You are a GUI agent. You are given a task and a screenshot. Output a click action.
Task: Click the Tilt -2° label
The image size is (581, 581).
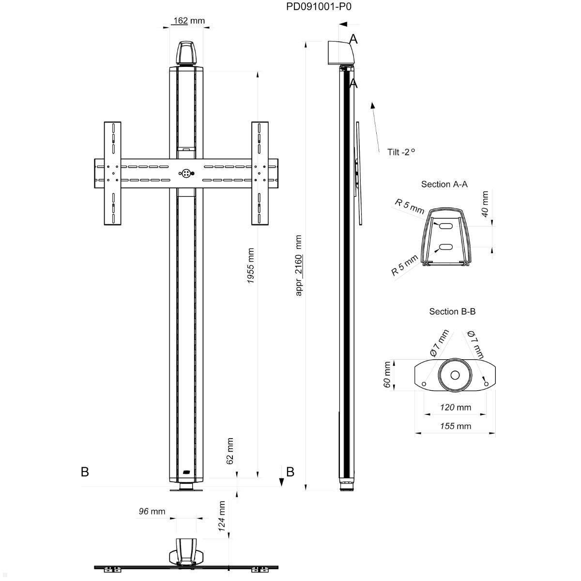pyautogui.click(x=401, y=152)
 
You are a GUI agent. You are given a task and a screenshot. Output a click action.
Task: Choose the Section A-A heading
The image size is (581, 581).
pyautogui.click(x=444, y=184)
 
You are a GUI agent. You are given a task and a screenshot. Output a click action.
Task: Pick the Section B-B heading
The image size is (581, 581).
pyautogui.click(x=452, y=311)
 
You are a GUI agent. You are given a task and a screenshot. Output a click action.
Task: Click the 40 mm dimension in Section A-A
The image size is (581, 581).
pyautogui.click(x=485, y=204)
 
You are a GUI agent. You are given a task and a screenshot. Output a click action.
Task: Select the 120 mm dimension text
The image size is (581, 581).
pyautogui.click(x=455, y=407)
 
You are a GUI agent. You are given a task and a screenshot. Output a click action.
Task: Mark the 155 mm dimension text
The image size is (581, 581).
pyautogui.click(x=455, y=426)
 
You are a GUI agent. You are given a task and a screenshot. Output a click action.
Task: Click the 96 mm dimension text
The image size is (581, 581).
pyautogui.click(x=152, y=511)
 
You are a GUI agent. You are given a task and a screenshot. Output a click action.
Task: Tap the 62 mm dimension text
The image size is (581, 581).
pyautogui.click(x=229, y=451)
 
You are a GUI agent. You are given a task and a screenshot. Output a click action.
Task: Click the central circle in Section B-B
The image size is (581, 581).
pyautogui.click(x=455, y=375)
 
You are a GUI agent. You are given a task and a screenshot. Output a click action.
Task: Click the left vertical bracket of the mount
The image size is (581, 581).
pyautogui.click(x=113, y=173)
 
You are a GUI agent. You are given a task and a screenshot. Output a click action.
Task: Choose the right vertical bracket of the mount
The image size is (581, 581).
pyautogui.click(x=260, y=173)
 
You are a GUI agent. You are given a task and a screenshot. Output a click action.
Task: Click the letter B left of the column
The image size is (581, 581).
pyautogui.click(x=85, y=472)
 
